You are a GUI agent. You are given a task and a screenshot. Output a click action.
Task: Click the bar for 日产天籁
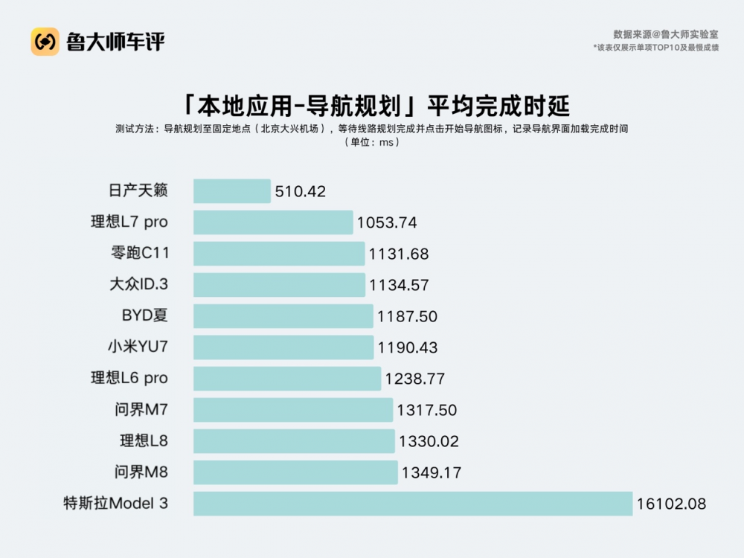(231, 191)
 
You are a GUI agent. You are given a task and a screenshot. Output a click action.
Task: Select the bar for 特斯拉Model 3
(413, 504)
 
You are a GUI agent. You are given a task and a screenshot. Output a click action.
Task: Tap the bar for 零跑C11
(279, 254)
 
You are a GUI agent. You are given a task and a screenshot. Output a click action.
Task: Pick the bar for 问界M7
(293, 410)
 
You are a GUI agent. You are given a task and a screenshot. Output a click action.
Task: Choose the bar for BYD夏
(283, 316)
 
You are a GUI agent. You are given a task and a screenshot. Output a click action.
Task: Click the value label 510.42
(301, 192)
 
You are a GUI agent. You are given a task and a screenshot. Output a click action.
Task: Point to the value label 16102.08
(670, 504)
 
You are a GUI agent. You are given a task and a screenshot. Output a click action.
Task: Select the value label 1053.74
(387, 223)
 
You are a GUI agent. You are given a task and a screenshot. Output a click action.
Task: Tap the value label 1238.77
(414, 379)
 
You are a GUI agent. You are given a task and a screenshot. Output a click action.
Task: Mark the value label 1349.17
(431, 473)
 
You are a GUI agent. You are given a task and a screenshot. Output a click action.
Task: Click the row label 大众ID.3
(138, 284)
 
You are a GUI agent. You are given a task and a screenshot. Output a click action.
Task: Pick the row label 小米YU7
(138, 347)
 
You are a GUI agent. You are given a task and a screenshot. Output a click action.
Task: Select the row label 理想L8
(144, 440)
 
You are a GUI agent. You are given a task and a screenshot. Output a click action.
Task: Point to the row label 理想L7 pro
(129, 222)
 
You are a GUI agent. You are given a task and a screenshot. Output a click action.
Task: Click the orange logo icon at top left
(45, 42)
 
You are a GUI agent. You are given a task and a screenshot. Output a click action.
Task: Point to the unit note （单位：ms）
(372, 142)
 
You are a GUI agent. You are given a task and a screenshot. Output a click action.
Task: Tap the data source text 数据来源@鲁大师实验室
(665, 34)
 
